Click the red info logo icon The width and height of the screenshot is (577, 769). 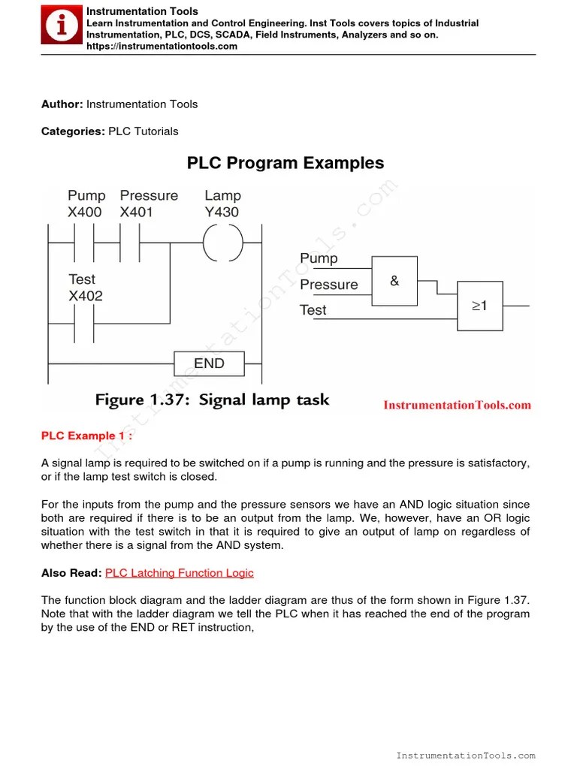coord(62,26)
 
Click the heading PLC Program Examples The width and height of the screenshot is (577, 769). coord(285,163)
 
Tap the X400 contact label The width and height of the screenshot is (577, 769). coord(84,213)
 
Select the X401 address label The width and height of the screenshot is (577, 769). coord(136,213)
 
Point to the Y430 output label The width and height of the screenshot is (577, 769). coord(222,213)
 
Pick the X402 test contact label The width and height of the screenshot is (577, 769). coord(86,296)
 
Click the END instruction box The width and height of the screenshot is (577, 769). coord(209,363)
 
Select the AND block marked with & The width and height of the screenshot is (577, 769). coord(394,281)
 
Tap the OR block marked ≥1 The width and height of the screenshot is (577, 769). coord(480,306)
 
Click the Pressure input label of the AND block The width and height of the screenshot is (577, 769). coord(329,285)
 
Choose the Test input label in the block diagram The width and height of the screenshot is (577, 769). coord(313,310)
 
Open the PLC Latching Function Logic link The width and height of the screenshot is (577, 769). coord(180,573)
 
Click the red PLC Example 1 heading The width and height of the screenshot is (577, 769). coord(87,436)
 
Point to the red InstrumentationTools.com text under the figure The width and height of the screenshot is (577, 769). coord(457,406)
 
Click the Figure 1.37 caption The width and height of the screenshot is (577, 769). coord(212,400)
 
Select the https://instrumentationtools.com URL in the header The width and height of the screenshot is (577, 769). coord(162,47)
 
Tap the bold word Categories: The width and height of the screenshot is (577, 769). coord(73,131)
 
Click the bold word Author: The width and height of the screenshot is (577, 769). coord(62,104)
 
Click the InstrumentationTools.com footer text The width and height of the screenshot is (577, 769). coord(466,755)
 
